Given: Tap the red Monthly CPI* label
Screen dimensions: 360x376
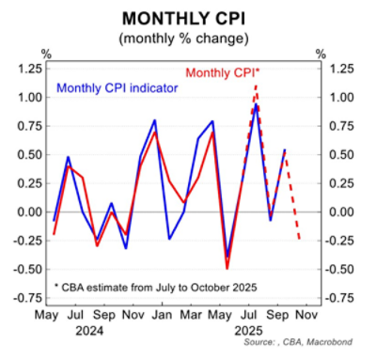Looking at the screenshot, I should click(223, 72).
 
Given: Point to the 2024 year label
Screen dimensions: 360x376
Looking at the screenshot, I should click(89, 332).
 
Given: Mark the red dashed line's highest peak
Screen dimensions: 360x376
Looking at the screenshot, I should click(255, 85).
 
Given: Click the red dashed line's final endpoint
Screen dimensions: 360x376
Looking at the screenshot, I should click(300, 240).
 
